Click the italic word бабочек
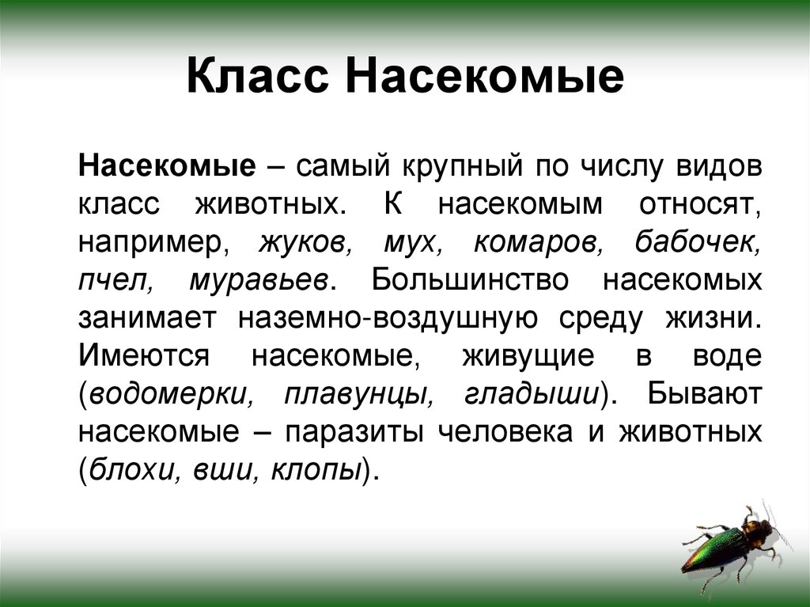coord(698,242)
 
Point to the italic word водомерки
coord(170,394)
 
